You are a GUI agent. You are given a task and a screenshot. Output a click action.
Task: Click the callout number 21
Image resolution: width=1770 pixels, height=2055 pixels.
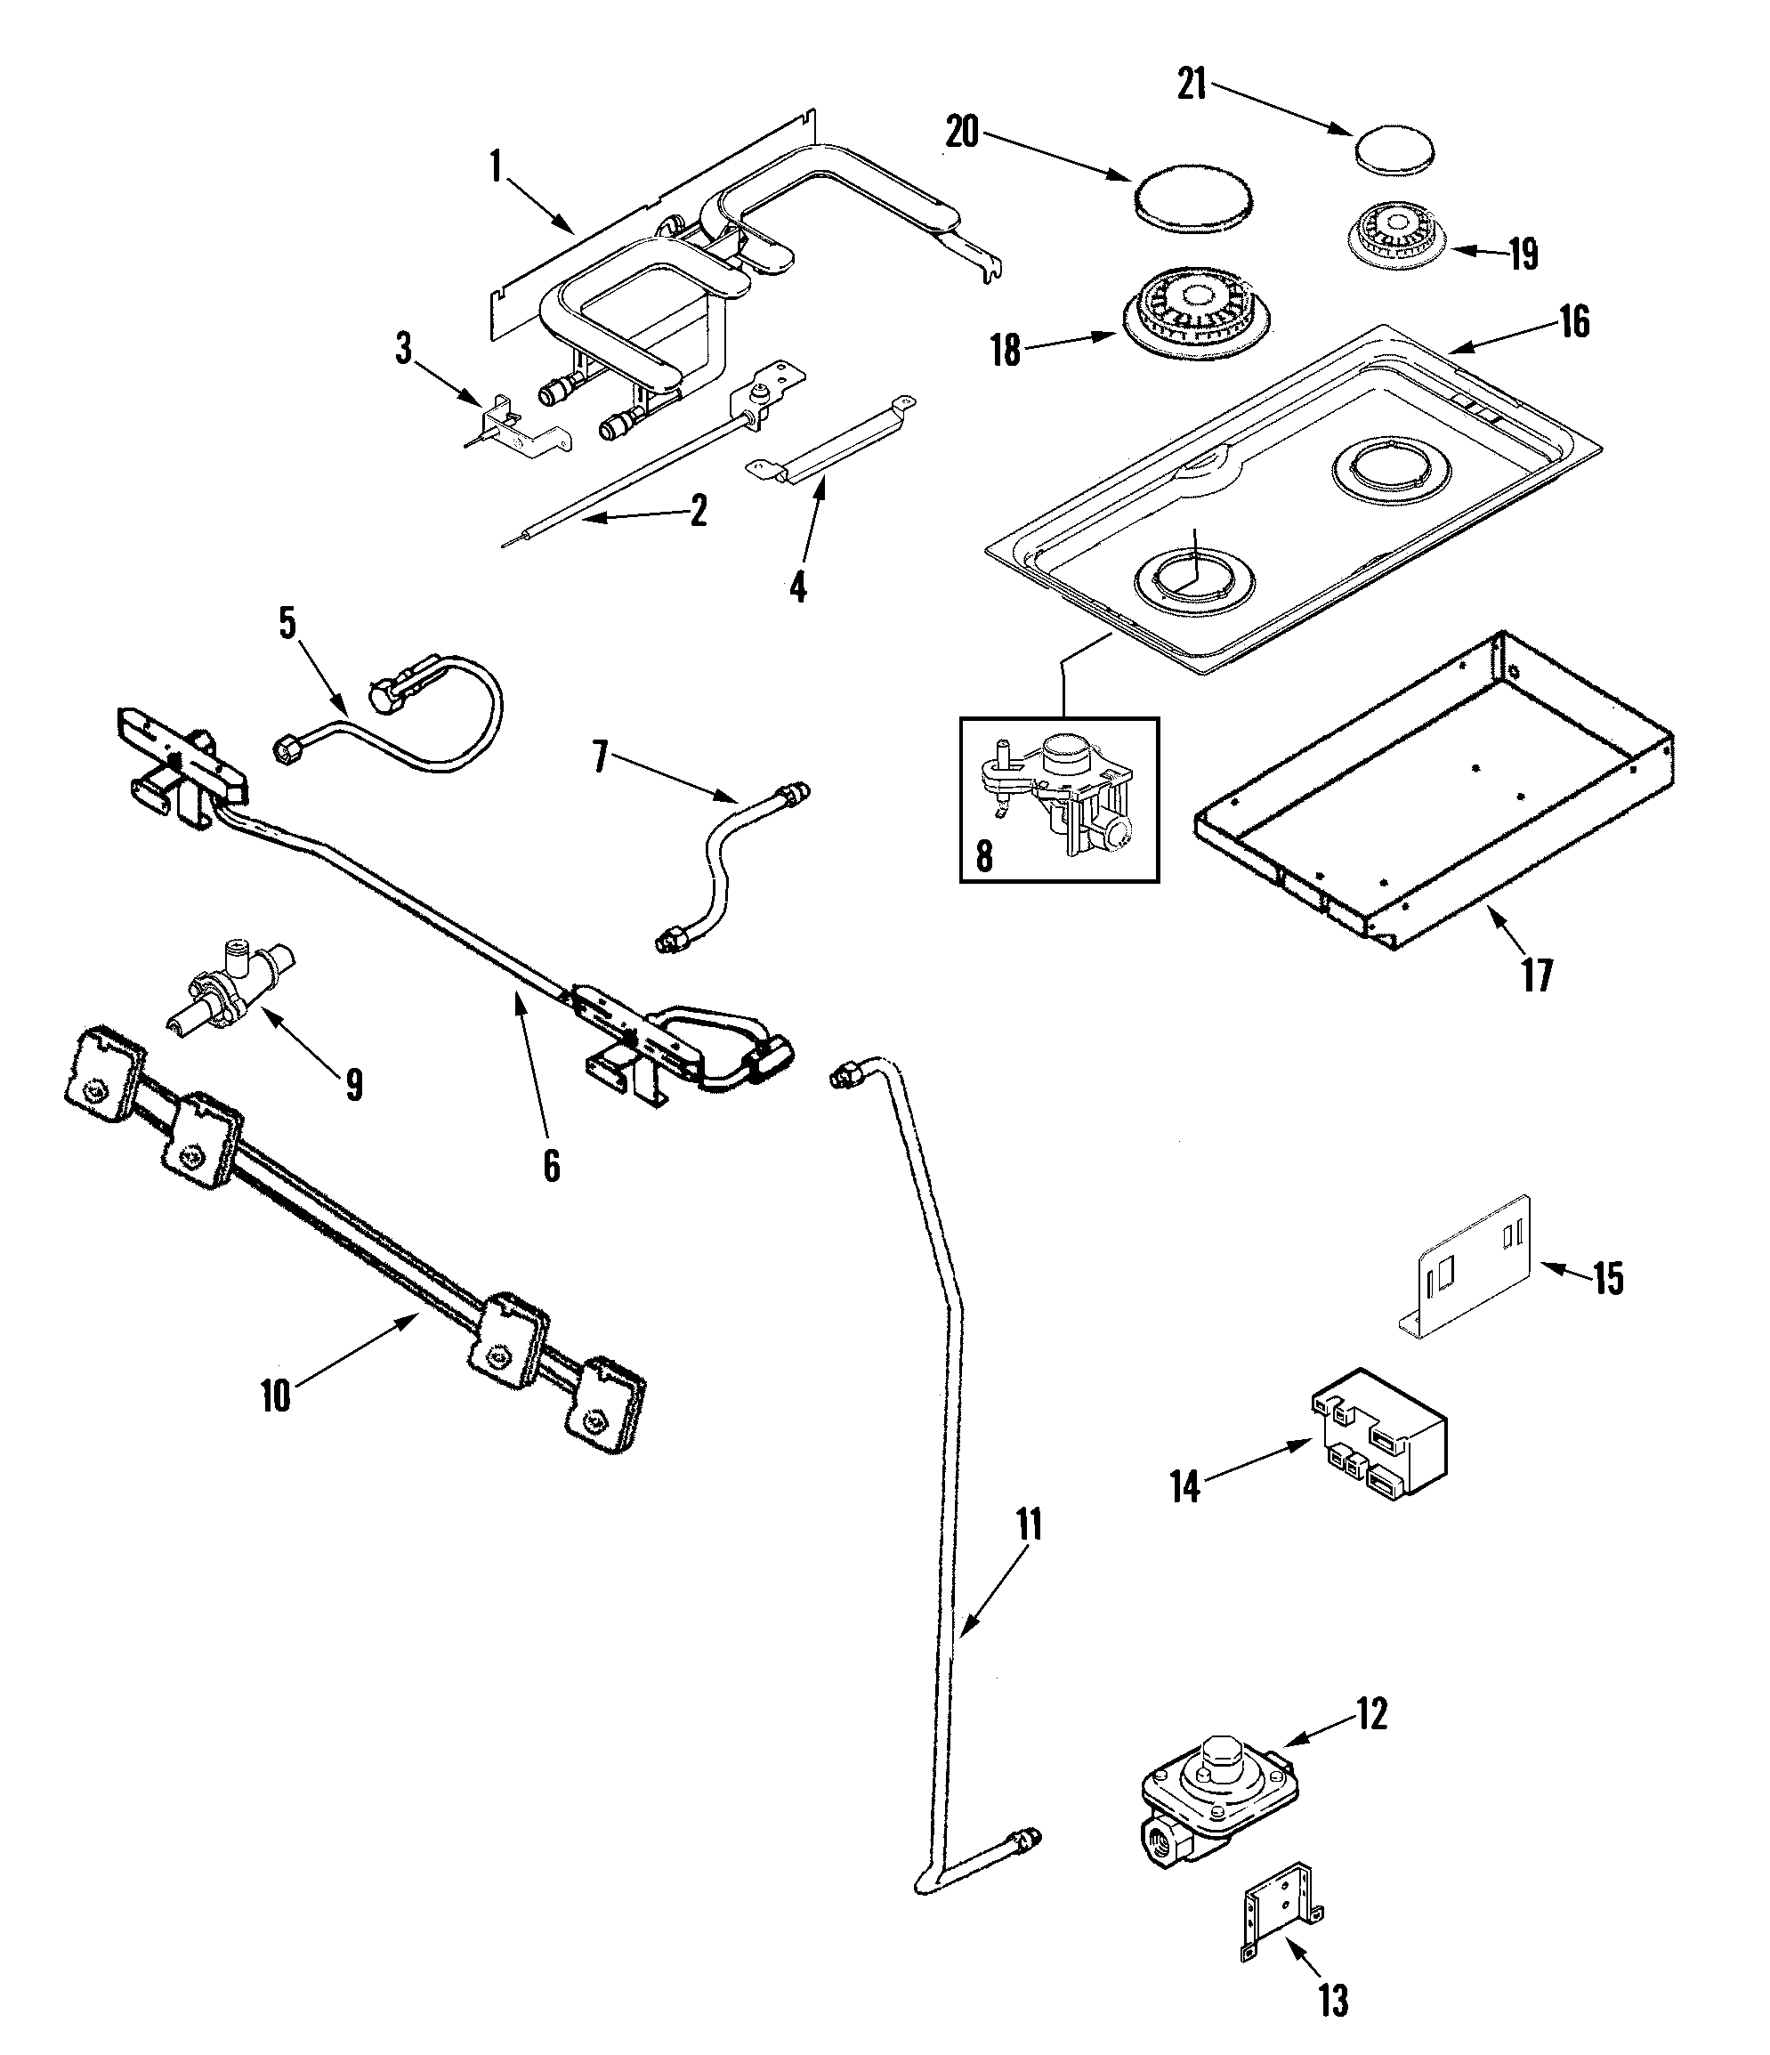click(1191, 85)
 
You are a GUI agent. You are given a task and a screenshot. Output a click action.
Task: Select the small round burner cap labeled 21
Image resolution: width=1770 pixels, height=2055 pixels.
click(1394, 147)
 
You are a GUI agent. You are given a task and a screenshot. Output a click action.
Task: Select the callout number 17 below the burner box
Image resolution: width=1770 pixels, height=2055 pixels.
click(1537, 975)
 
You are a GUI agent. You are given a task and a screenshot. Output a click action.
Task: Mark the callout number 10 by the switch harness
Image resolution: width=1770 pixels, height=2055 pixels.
click(276, 1396)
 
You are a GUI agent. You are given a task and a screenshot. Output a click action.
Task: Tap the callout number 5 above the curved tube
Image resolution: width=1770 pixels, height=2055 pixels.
click(287, 623)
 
